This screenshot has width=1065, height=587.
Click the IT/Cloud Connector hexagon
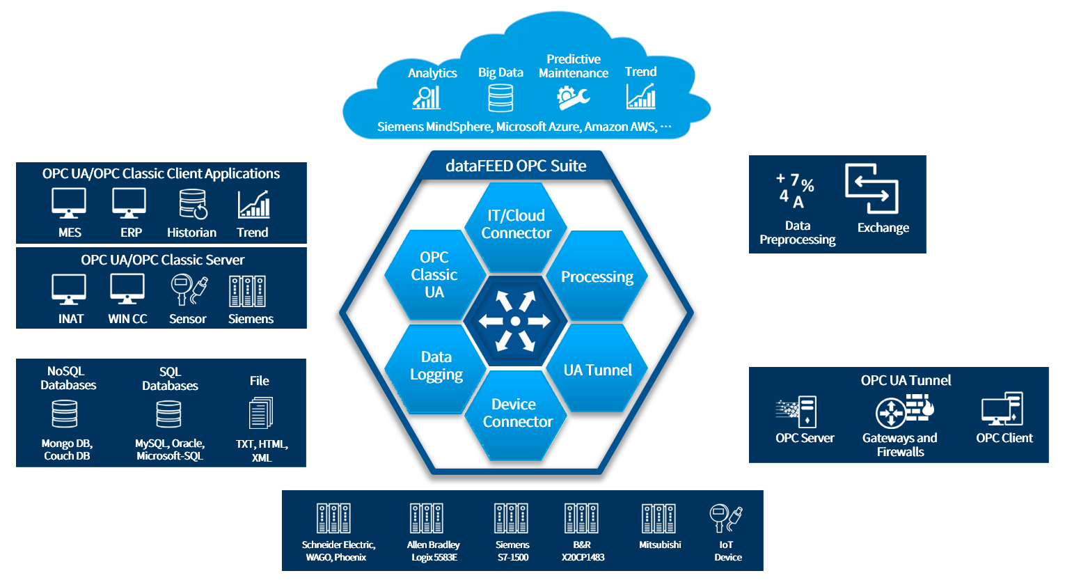coord(516,225)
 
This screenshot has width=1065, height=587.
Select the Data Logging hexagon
coord(436,366)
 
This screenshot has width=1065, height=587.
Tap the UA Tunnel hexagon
coord(597,370)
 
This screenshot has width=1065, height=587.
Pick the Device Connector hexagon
coord(516,413)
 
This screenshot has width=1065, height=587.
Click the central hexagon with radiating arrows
coord(515,321)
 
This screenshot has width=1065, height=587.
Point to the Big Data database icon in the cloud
coord(500,98)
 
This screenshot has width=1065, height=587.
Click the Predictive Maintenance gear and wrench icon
coord(573,97)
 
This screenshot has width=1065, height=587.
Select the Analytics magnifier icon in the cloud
coord(427,97)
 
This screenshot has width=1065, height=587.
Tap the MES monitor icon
coord(69,203)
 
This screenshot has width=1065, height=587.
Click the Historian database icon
coord(193,204)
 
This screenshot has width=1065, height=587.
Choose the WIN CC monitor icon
coord(127,290)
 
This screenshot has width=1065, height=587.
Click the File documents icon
coord(261,413)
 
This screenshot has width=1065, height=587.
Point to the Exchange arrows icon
coord(871,188)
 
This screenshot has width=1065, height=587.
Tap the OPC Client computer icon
coord(1002,409)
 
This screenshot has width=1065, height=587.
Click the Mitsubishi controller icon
coord(658,519)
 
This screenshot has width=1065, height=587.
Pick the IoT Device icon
coord(725,519)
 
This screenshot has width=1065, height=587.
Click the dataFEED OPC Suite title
coord(516,166)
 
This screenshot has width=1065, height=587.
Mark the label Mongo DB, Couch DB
coord(67,450)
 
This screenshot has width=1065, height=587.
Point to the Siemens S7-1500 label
coord(512,551)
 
